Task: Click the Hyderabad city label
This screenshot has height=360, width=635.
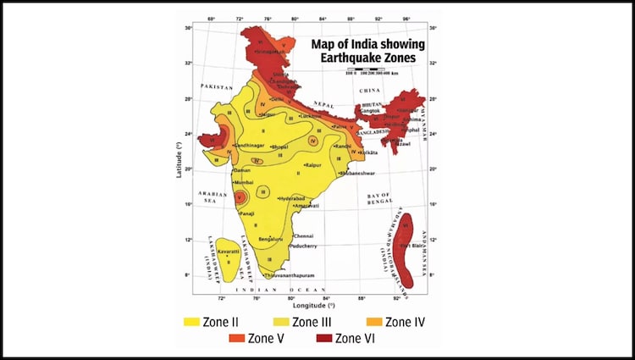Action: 291,198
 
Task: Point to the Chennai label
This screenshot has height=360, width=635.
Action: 304,235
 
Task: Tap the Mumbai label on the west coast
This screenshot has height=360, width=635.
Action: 245,181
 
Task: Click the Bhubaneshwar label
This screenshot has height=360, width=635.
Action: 356,173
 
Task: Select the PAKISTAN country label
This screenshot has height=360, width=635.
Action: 217,87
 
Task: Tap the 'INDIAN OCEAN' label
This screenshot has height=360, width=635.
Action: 290,291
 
